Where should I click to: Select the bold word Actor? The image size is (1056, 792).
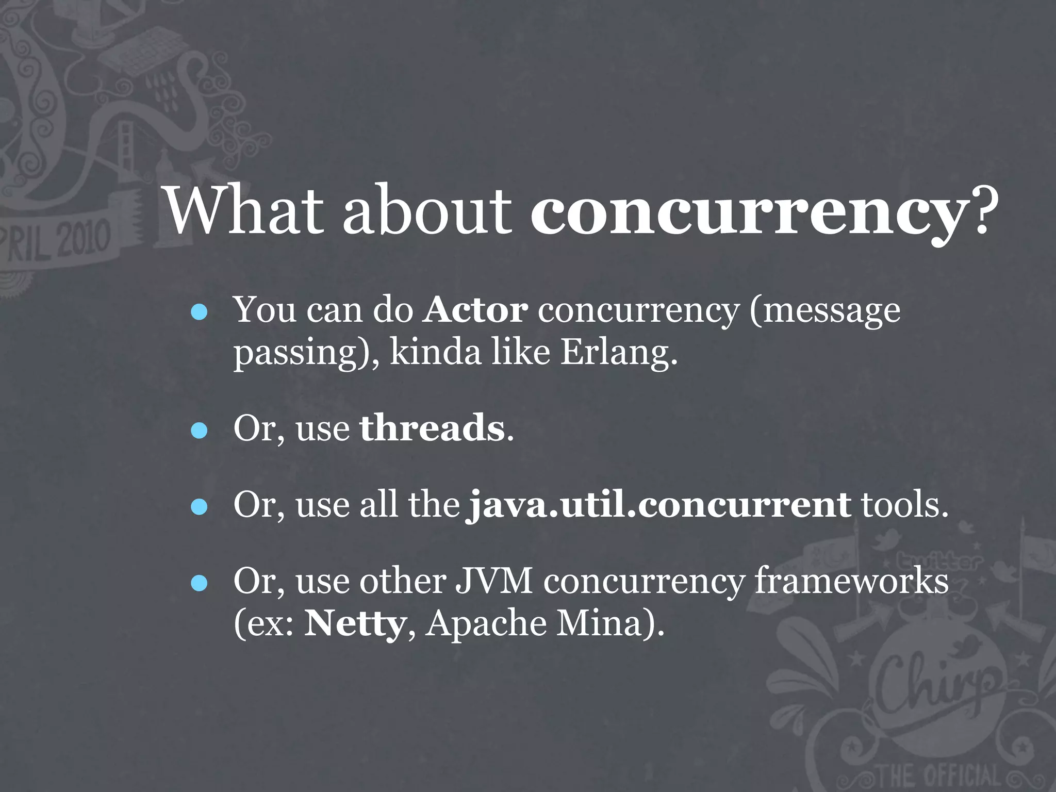(475, 310)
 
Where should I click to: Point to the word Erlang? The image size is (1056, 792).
(618, 353)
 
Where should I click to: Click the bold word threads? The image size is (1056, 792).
(432, 428)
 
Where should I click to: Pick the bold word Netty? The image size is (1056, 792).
(355, 624)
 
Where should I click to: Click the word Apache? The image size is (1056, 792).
(486, 624)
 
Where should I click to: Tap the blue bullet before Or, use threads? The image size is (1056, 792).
(199, 430)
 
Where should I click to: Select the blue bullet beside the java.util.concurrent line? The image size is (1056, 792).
(199, 506)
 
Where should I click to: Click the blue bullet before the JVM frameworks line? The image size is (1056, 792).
(199, 583)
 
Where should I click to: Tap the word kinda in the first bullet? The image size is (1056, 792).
(435, 353)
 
